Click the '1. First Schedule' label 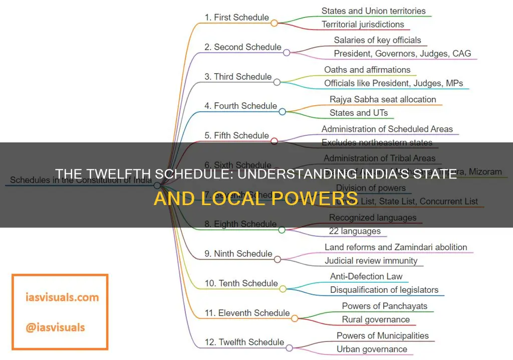click(236, 17)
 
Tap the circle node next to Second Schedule click(287, 52)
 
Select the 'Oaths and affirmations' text click(367, 70)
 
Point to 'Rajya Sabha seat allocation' click(383, 99)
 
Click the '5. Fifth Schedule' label click(236, 135)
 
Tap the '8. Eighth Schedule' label click(240, 224)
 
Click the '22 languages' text click(355, 231)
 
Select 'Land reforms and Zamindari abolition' click(396, 247)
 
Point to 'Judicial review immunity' click(371, 260)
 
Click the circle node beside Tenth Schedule click(283, 289)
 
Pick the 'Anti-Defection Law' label click(366, 276)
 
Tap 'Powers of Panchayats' click(385, 306)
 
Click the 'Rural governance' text click(376, 319)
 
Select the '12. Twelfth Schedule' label click(244, 342)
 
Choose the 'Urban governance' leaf click(372, 349)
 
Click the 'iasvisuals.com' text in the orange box click(56, 297)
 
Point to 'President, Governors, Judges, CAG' click(402, 53)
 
